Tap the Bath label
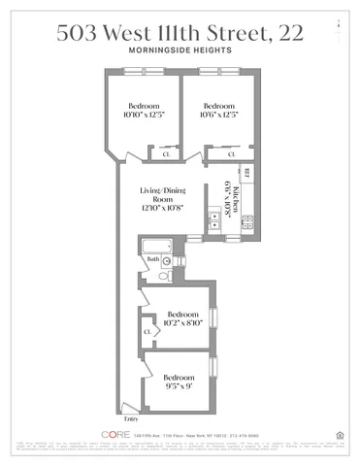[x=152, y=260]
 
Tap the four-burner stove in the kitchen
[x=246, y=222]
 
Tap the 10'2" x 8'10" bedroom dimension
[x=183, y=319]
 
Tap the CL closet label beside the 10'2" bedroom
[x=147, y=332]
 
